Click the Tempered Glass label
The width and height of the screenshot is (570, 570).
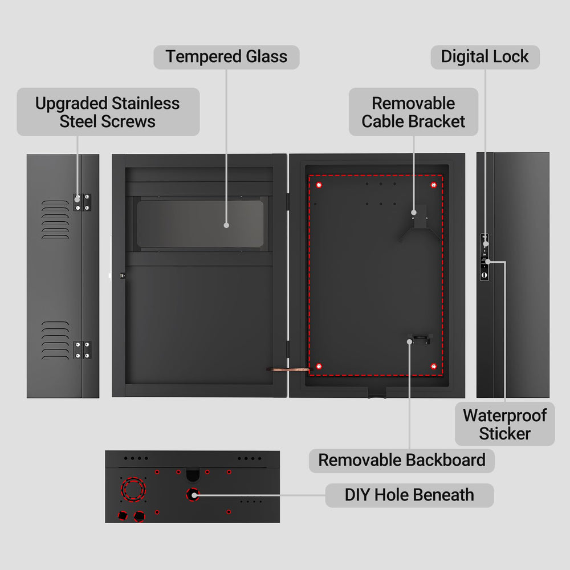tap(226, 57)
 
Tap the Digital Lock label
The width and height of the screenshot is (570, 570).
tap(484, 57)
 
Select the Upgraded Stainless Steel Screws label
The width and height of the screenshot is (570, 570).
tap(108, 112)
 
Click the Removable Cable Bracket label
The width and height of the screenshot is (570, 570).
tap(413, 112)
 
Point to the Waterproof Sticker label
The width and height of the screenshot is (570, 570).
tap(504, 424)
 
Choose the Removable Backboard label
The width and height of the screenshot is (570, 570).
tap(401, 460)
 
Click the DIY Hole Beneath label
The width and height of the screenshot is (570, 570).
tap(409, 494)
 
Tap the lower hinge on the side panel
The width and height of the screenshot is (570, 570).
tap(82, 350)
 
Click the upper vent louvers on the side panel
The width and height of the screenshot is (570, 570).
tap(55, 219)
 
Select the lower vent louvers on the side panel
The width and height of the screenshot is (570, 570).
tap(55, 340)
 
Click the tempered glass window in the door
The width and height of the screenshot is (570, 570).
tap(200, 223)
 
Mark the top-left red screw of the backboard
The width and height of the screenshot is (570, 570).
tap(319, 185)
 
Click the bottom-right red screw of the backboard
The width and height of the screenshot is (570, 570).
tap(433, 366)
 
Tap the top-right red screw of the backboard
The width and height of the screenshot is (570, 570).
tap(433, 185)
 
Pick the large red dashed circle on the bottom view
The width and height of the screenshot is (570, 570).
tap(132, 489)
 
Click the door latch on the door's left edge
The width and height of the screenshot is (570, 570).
tap(121, 275)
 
